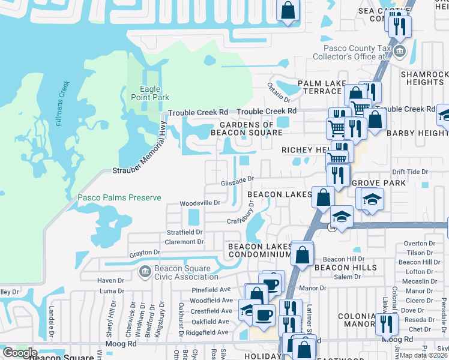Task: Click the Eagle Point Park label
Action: click(150, 93)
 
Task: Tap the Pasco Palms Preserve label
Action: click(119, 197)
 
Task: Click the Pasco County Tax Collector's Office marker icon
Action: click(399, 45)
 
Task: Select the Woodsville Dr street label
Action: click(200, 203)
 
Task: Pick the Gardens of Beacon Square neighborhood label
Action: click(243, 128)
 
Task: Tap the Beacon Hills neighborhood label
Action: click(346, 267)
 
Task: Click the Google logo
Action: click(20, 352)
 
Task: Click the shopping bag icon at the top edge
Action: click(288, 10)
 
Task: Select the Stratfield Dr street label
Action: click(184, 232)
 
